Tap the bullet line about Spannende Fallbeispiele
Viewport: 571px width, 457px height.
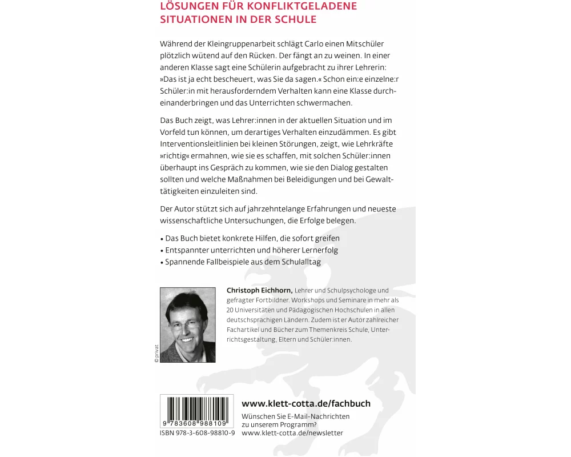click(243, 262)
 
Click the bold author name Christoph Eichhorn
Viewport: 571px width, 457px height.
click(259, 290)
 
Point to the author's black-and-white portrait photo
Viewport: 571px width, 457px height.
click(188, 324)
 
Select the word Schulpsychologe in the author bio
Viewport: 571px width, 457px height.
click(357, 290)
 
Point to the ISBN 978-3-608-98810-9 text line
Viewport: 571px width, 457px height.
click(198, 433)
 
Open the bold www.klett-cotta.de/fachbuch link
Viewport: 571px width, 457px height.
click(306, 403)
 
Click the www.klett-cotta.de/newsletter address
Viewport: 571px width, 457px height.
click(292, 433)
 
